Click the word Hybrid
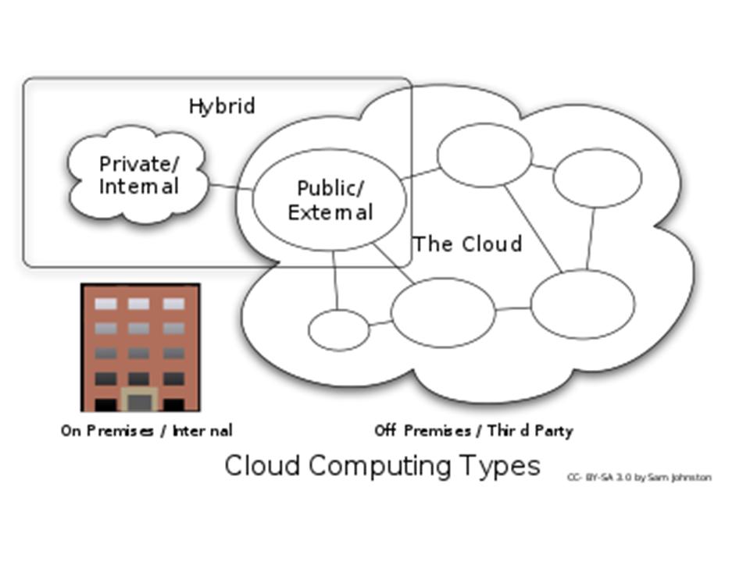pos(222,106)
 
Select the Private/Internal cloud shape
pos(138,203)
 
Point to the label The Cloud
pos(467,244)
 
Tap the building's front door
pos(140,401)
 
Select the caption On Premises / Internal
pos(146,431)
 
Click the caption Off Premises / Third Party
pos(473,431)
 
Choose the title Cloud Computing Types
pos(382,466)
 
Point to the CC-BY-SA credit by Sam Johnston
pos(639,477)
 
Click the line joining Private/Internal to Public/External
pos(230,187)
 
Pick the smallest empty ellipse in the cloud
pos(338,329)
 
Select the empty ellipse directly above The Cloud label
pos(484,155)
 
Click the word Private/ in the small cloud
pos(139,165)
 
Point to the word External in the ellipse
pos(330,212)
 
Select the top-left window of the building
pos(105,304)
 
